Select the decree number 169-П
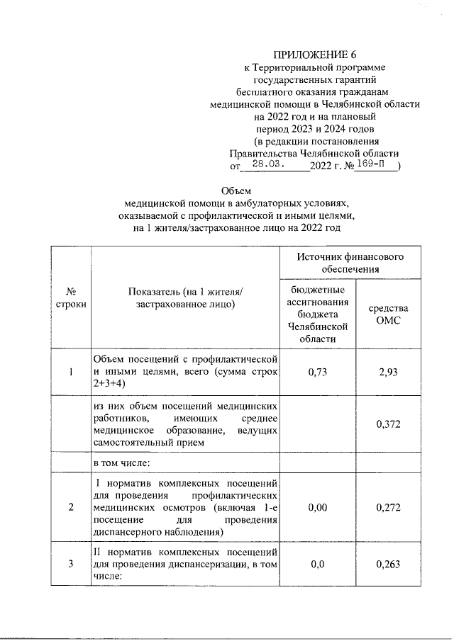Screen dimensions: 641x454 [x=372, y=165]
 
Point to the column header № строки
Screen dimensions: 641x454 [x=71, y=298]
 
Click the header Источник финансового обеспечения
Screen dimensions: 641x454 [x=350, y=263]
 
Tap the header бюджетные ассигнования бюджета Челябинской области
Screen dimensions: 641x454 [x=317, y=315]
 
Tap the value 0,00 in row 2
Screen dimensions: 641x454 [x=317, y=507]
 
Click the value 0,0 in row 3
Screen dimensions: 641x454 [x=317, y=564]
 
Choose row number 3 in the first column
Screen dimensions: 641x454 [x=71, y=564]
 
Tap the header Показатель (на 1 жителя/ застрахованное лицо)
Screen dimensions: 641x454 [x=185, y=298]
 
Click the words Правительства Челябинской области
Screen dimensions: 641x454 [x=314, y=153]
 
